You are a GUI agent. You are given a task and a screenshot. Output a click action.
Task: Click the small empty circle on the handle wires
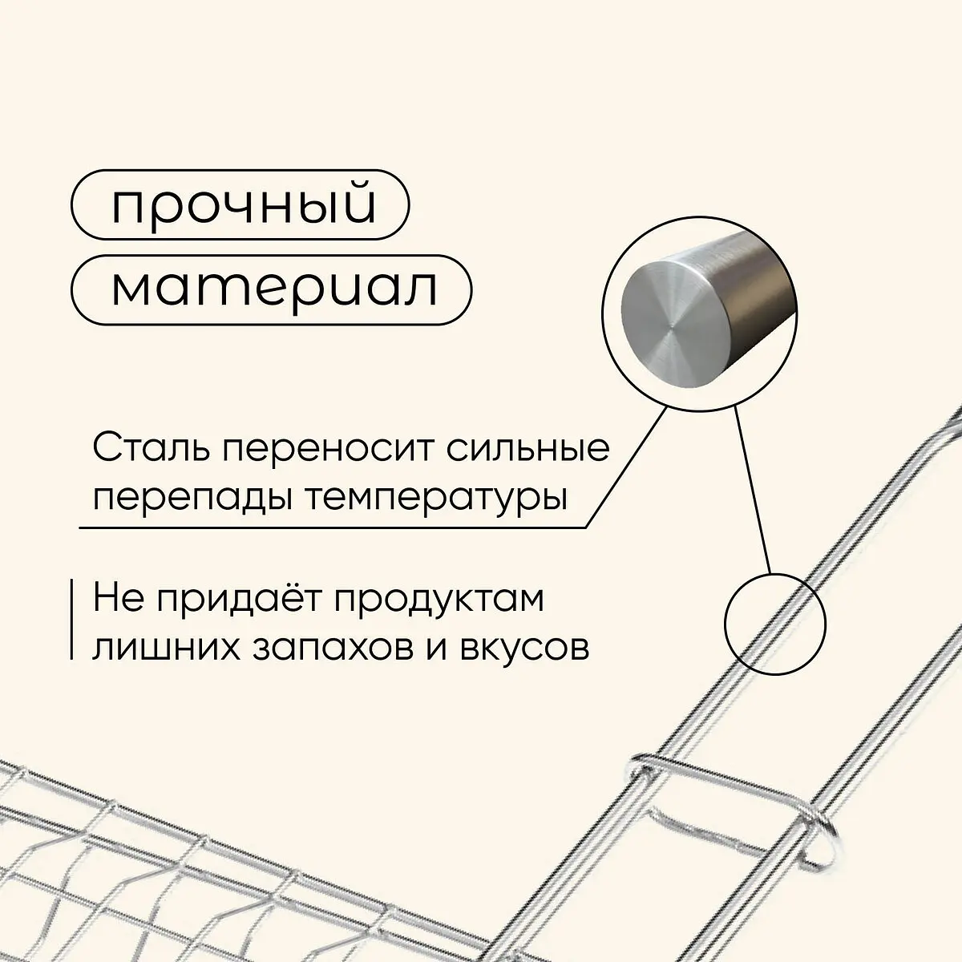pos(774,624)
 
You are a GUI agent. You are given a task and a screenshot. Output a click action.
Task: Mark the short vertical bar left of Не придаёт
pos(72,619)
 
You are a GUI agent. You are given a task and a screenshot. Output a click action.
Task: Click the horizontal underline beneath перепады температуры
pos(333,527)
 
